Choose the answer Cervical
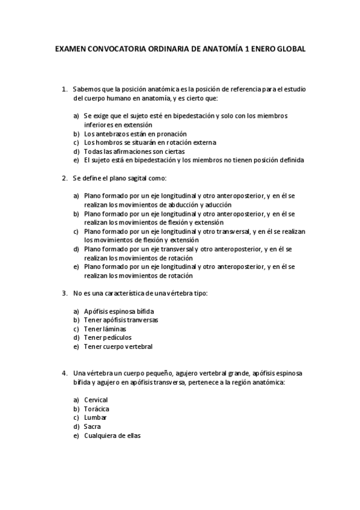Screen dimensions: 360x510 pyautogui.click(x=96, y=399)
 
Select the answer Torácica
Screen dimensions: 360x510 pyautogui.click(x=97, y=408)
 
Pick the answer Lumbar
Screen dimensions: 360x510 pyautogui.click(x=96, y=417)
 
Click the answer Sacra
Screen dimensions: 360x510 pyautogui.click(x=93, y=426)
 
